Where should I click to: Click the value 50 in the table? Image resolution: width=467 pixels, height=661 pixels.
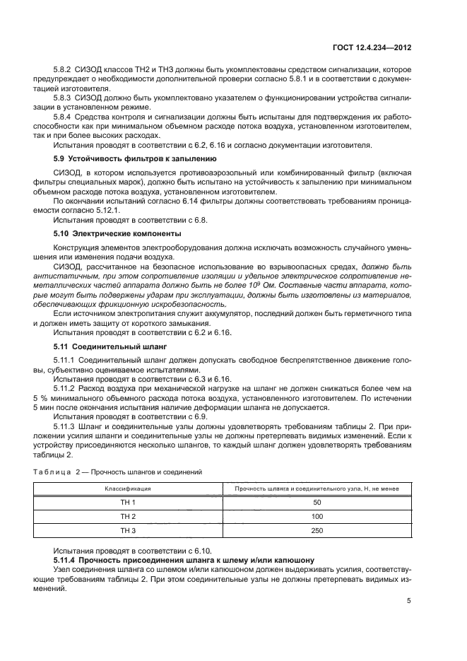click(x=316, y=502)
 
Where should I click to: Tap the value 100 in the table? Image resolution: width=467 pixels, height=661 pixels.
click(x=316, y=516)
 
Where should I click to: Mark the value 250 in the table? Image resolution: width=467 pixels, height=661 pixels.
click(x=316, y=530)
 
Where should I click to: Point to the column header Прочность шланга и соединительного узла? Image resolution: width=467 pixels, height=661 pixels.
click(x=316, y=488)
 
